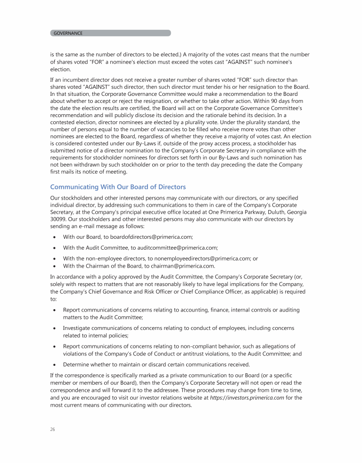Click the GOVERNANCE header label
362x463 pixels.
[68, 33]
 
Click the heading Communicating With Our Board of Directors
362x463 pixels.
[118, 187]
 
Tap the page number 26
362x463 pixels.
[52, 429]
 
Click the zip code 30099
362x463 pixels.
[58, 219]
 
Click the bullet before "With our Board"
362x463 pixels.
[54, 237]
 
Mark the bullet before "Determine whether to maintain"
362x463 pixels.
[54, 364]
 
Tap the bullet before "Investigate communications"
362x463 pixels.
[54, 328]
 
